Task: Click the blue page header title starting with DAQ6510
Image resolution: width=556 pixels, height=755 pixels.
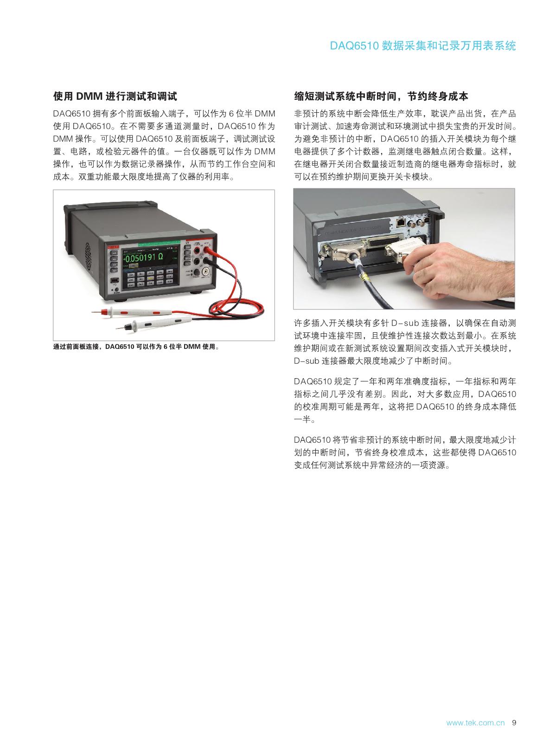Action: coord(422,45)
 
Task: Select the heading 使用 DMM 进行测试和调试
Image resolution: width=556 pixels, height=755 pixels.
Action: coord(115,97)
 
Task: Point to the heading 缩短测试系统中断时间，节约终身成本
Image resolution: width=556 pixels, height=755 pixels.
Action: coord(381,97)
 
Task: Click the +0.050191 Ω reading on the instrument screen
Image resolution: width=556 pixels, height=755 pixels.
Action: coord(143,258)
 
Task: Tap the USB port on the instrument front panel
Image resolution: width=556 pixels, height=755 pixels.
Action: coord(115,280)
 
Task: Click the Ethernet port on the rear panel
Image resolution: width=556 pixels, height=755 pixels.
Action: coord(400,222)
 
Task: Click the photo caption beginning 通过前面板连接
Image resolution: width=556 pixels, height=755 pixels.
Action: coord(136,347)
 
